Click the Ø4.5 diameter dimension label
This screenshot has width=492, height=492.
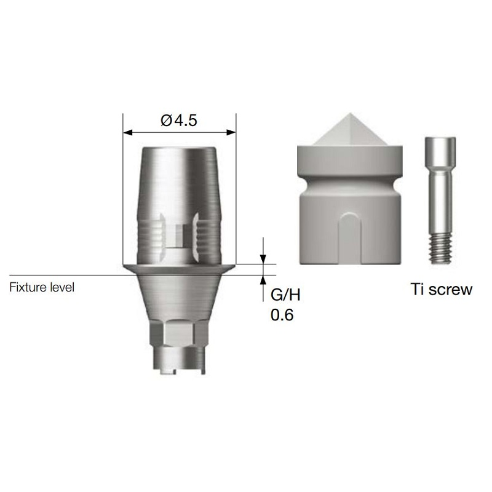click(x=178, y=120)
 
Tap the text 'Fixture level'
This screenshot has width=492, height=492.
click(x=42, y=287)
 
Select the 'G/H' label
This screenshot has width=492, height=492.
click(x=285, y=295)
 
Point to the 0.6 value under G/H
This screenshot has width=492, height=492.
click(x=282, y=315)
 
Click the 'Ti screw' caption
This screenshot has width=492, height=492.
click(x=442, y=289)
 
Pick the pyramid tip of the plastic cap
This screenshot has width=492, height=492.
click(x=349, y=114)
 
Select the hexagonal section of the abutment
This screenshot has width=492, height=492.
click(x=178, y=334)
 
